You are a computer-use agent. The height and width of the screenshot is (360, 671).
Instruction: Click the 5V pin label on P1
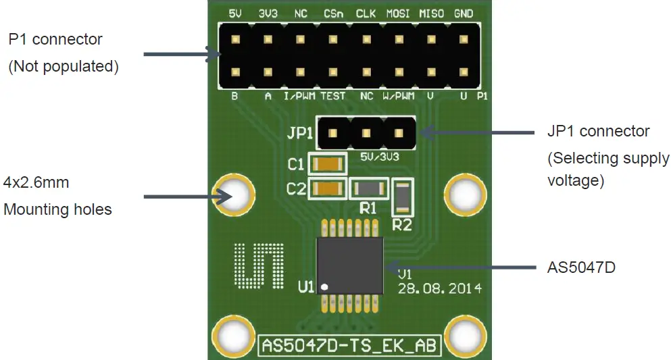[x=235, y=14]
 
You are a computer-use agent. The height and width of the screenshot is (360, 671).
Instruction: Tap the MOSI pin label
[x=398, y=14]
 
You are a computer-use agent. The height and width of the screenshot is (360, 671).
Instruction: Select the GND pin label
[x=464, y=14]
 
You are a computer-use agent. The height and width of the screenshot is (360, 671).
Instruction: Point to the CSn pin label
[x=332, y=14]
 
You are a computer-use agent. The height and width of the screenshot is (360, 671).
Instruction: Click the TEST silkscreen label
[x=332, y=97]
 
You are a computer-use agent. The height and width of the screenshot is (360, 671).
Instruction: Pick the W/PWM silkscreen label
[x=398, y=97]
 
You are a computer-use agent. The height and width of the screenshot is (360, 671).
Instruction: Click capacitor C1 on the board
[x=327, y=164]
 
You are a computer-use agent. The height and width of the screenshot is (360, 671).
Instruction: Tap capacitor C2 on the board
[x=327, y=189]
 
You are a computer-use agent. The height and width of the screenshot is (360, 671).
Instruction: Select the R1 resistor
[x=368, y=188]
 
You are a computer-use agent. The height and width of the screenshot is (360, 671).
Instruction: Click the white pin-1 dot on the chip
[x=324, y=287]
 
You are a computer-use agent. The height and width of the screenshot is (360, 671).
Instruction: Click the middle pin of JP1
[x=366, y=134]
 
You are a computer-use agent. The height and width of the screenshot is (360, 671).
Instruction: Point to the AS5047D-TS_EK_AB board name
[x=350, y=345]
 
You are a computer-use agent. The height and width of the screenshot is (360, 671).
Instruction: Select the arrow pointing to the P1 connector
[x=178, y=54]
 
